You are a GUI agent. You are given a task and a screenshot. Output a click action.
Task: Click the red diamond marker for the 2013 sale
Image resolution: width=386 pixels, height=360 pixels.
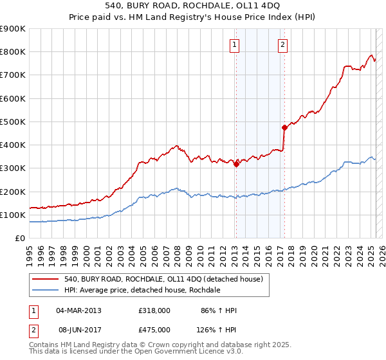coord(236,164)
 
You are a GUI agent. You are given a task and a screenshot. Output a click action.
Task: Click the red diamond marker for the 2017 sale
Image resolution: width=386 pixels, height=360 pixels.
coord(284,127)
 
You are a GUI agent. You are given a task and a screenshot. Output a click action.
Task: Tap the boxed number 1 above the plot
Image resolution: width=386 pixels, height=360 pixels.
coord(234,45)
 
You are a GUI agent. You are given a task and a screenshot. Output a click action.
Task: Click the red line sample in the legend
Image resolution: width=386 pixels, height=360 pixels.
coord(44,280)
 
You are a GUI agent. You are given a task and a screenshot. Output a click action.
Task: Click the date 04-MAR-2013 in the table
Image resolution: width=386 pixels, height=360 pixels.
coord(78,310)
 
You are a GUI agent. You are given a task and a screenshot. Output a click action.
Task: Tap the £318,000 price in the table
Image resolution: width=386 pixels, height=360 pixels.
coord(154,310)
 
